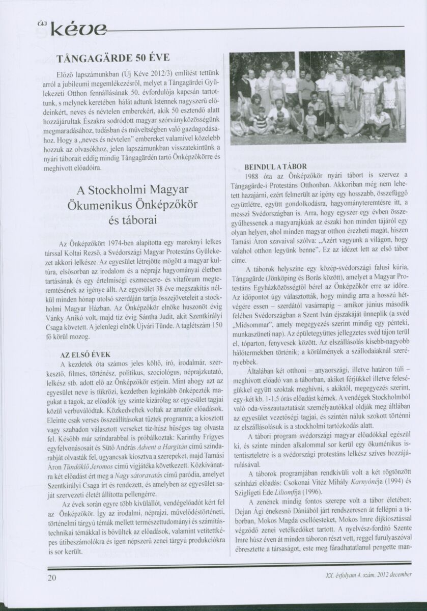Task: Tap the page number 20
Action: [52, 592]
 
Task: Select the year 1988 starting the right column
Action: [253, 176]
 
